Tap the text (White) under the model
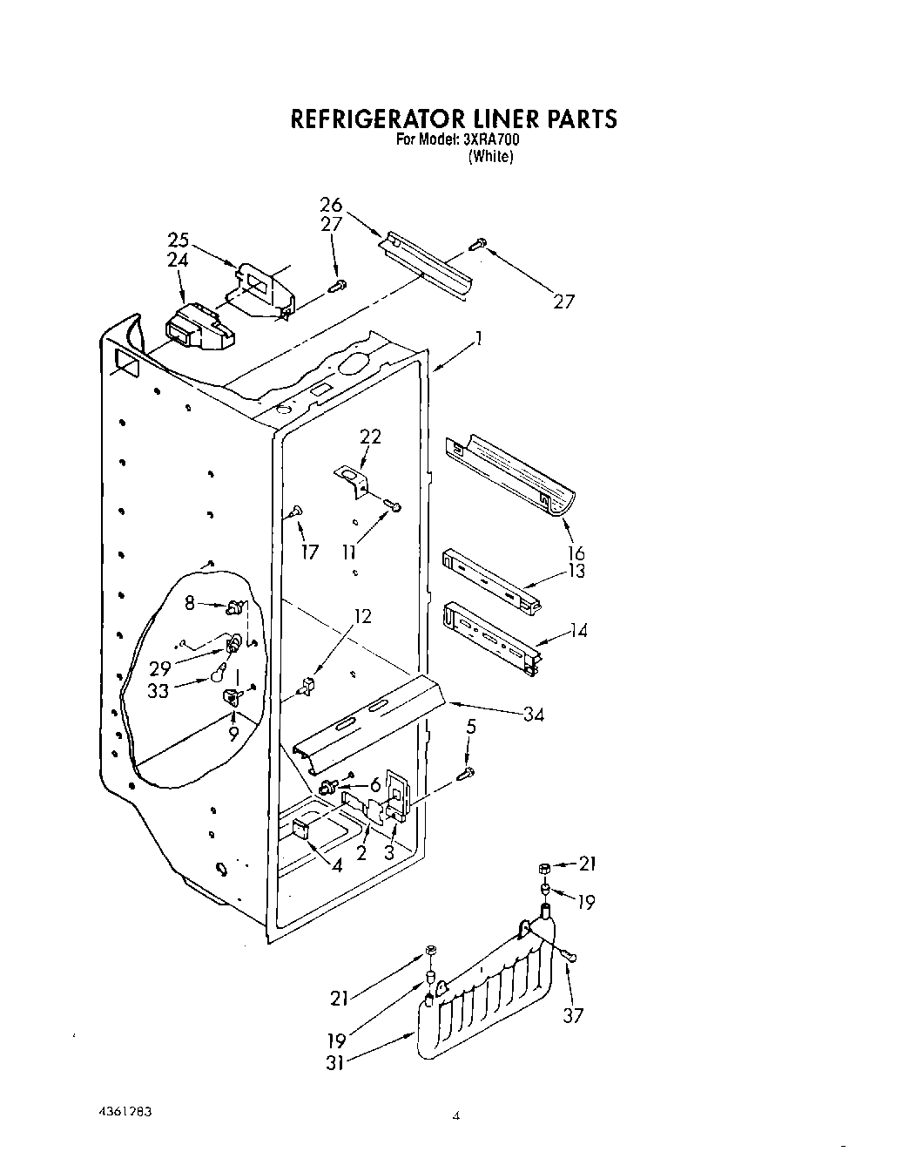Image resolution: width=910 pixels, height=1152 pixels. [491, 158]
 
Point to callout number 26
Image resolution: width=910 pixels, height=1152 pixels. [331, 206]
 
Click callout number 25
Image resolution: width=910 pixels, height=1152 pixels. [178, 239]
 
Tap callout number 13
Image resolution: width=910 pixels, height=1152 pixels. [576, 571]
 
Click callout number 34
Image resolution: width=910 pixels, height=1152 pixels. [534, 715]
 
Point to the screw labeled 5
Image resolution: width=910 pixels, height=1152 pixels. [468, 773]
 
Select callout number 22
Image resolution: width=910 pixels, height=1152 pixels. [370, 437]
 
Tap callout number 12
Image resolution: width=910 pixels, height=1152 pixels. [361, 616]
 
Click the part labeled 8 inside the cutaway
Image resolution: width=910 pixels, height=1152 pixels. [233, 606]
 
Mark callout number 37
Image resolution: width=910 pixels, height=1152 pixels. [572, 1015]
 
